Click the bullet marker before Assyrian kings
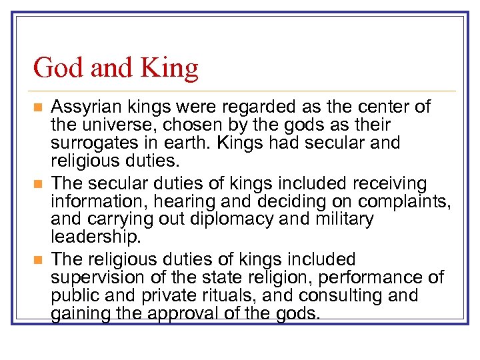pyautogui.click(x=38, y=107)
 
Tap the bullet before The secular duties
pyautogui.click(x=38, y=183)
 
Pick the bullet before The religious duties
pyautogui.click(x=38, y=259)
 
